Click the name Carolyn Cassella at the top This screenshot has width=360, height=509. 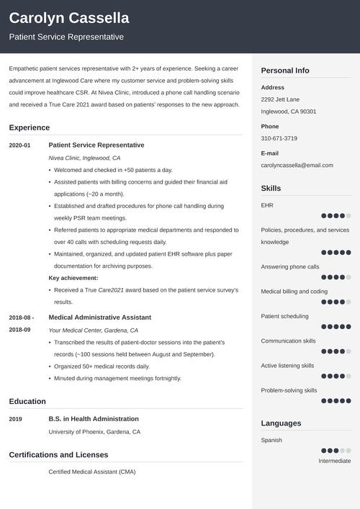(69, 18)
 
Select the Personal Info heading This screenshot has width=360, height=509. (285, 71)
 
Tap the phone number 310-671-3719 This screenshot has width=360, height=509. (279, 138)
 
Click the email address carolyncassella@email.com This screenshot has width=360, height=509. (297, 165)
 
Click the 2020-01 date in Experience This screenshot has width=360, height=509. (19, 145)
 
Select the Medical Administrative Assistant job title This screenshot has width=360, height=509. (99, 317)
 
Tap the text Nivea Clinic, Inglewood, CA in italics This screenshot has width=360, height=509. (84, 158)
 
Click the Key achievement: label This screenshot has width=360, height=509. (73, 278)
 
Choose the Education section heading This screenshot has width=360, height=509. (27, 401)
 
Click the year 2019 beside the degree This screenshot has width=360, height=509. (16, 419)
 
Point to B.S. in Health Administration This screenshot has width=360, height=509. (94, 419)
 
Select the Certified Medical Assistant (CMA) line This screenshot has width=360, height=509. (91, 472)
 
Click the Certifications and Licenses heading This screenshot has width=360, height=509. (58, 454)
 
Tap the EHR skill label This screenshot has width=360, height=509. (266, 205)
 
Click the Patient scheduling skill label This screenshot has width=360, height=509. (284, 316)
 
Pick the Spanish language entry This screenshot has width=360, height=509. (271, 440)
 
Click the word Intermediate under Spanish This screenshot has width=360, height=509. (334, 461)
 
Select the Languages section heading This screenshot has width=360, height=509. (281, 423)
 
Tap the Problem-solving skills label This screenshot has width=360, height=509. (289, 390)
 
